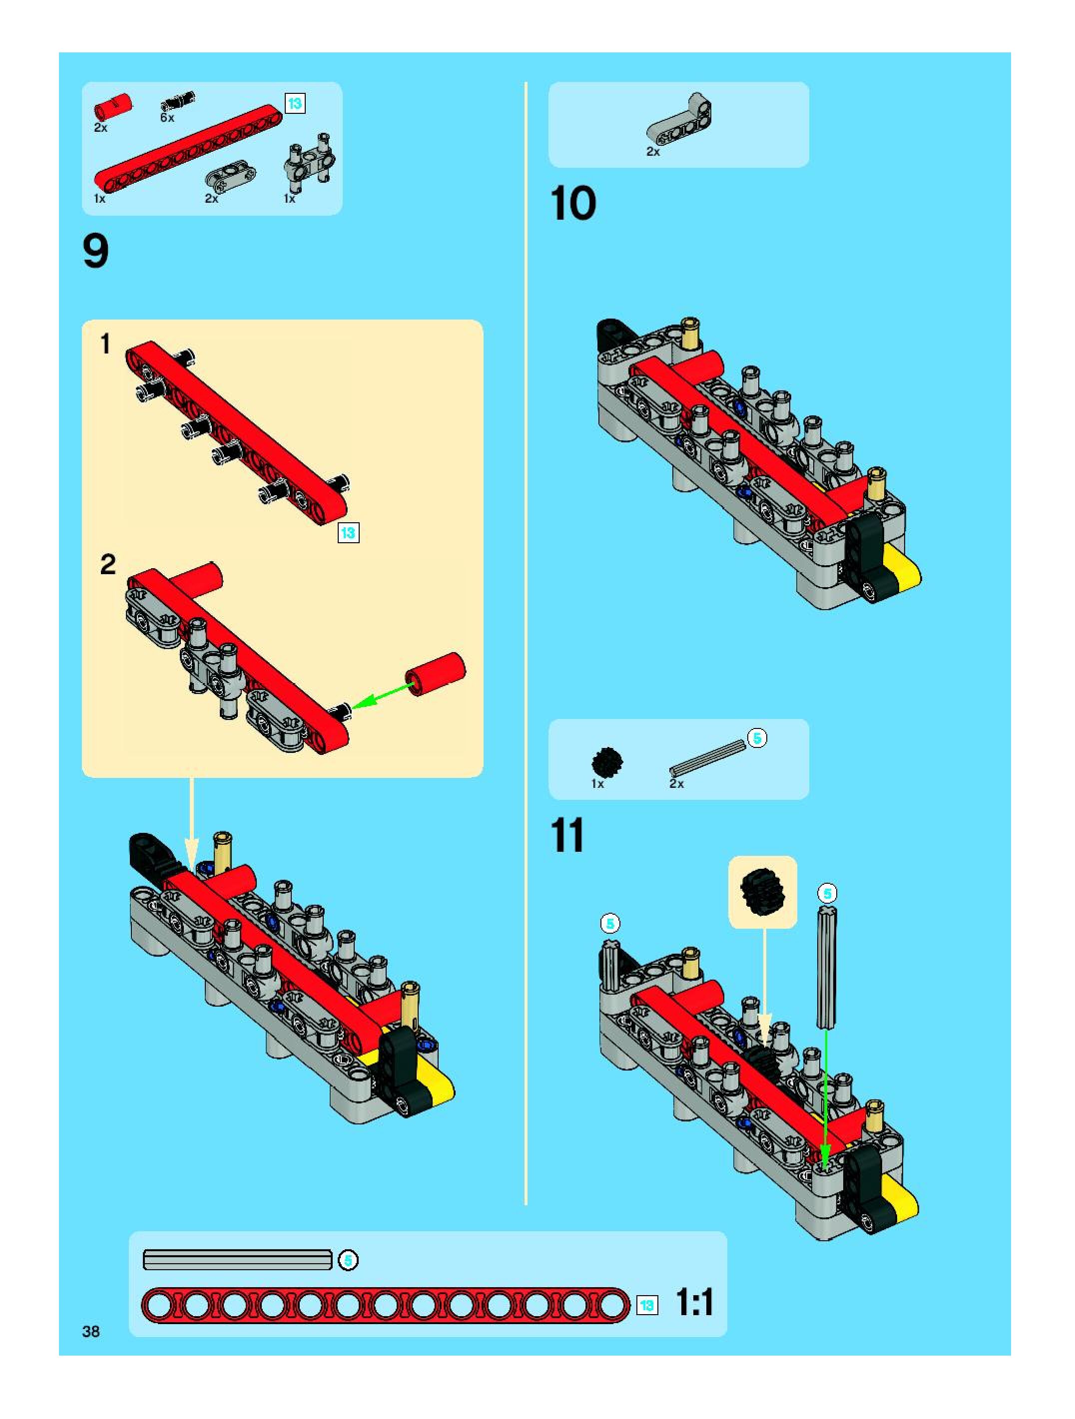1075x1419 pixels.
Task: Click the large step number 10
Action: point(573,204)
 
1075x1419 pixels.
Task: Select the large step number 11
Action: point(567,836)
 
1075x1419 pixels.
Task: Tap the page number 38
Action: point(91,1332)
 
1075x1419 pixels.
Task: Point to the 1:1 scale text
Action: point(694,1303)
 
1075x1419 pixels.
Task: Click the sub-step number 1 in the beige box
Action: point(106,344)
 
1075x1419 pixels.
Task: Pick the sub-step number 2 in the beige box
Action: point(108,565)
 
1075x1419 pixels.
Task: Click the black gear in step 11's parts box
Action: point(606,761)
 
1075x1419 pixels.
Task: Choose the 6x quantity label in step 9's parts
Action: point(167,118)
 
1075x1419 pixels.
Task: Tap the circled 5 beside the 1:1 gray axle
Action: point(348,1260)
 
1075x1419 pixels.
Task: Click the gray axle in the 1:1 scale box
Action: point(237,1259)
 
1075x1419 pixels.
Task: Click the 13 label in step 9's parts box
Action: point(295,103)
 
